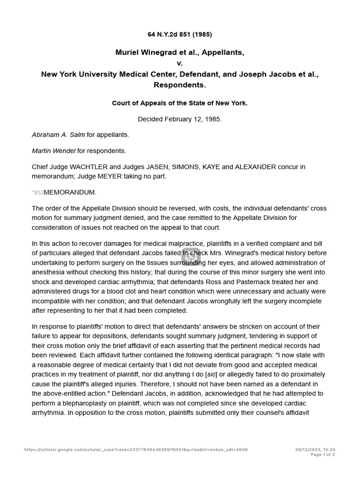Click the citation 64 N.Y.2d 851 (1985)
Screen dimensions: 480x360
(x=180, y=34)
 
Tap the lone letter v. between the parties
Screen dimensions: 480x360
(x=180, y=63)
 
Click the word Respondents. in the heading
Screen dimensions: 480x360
(x=180, y=85)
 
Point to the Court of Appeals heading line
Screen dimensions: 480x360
(x=180, y=103)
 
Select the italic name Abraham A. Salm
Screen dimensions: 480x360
(x=58, y=135)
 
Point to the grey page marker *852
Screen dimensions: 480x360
(x=37, y=193)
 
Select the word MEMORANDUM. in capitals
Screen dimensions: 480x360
(x=70, y=192)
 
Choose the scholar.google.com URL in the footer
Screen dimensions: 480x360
(x=136, y=450)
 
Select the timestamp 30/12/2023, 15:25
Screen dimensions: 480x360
(x=315, y=450)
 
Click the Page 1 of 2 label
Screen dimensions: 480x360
(x=322, y=455)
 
